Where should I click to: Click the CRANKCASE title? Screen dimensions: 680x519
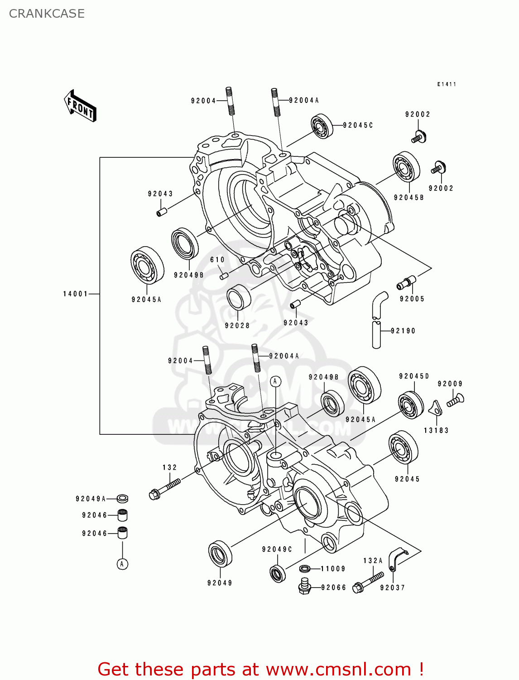47,14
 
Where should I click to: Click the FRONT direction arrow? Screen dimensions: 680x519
80,106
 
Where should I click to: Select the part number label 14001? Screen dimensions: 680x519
75,294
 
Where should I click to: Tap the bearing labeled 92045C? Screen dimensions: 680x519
322,126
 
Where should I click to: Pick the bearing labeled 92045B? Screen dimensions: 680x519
406,167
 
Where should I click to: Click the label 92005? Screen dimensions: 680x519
412,299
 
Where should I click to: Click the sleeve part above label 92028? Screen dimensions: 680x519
239,297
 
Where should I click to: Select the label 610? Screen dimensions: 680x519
217,260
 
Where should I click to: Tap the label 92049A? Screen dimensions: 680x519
91,499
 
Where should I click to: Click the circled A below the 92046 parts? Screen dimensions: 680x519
122,564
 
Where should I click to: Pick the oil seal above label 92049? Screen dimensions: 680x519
221,554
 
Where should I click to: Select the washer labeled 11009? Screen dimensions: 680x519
305,568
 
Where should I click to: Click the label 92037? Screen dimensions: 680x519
392,588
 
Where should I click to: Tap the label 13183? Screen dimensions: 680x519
436,430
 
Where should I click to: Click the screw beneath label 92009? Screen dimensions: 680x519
455,400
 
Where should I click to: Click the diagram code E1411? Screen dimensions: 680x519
447,84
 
